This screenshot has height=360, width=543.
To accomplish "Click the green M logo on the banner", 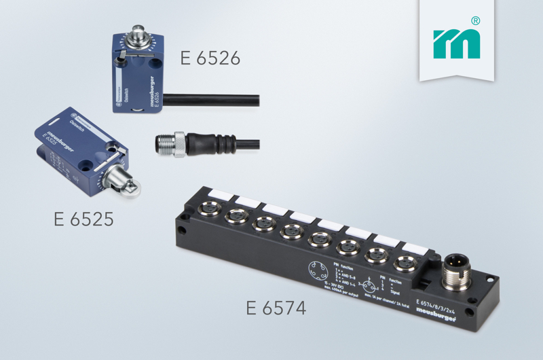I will click(457, 44).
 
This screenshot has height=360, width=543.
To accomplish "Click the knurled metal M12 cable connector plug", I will click(170, 145).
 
